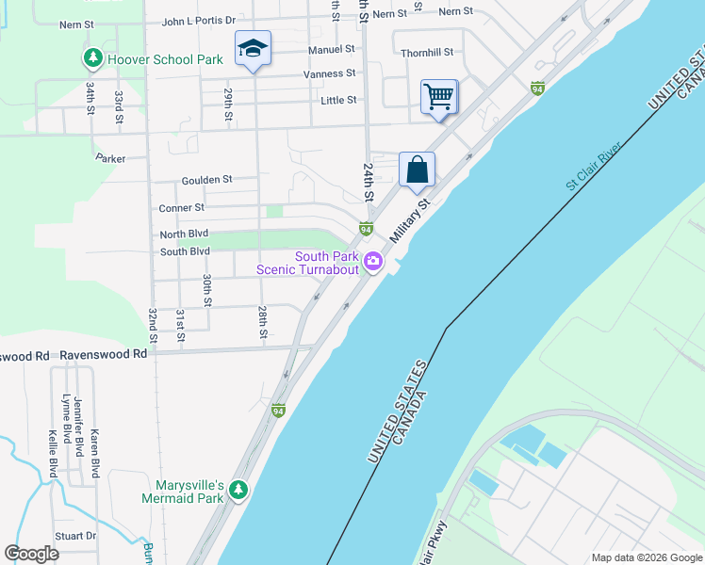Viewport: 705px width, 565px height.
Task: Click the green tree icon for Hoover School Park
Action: point(92,59)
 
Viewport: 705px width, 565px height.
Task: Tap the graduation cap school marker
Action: point(252,49)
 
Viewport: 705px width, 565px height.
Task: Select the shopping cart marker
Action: point(439,96)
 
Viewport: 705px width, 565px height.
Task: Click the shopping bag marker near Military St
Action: point(417,169)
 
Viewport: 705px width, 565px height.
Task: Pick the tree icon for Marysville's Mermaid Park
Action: point(238,490)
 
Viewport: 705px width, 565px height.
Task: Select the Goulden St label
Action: point(206,179)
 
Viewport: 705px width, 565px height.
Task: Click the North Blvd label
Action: point(184,234)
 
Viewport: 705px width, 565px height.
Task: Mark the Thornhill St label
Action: point(427,53)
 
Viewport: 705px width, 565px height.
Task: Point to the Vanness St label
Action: point(329,73)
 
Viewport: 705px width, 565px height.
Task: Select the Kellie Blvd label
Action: point(53,454)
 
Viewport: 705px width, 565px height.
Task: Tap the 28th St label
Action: point(264,321)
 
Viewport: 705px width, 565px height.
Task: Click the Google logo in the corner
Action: point(31,554)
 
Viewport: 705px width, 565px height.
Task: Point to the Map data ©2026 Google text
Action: point(646,557)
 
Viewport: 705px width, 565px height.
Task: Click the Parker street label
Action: point(110,158)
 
